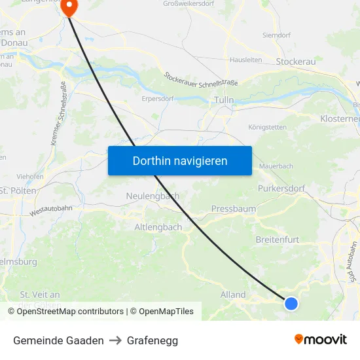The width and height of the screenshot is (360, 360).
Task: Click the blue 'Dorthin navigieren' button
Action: tap(179, 160)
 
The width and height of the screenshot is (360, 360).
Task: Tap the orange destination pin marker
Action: tap(69, 7)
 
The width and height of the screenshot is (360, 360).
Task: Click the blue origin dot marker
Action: tap(291, 303)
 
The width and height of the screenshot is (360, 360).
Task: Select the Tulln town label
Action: tap(225, 100)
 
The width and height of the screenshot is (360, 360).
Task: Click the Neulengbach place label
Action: tap(153, 196)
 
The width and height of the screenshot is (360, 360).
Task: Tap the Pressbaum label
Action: tap(234, 209)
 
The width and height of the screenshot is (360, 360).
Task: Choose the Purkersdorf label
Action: tap(283, 189)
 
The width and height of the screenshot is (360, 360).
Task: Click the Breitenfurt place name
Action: tap(277, 240)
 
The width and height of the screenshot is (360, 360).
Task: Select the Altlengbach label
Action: tap(158, 227)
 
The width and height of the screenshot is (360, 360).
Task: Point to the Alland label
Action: tap(233, 295)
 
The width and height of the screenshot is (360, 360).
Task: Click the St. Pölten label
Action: tap(18, 190)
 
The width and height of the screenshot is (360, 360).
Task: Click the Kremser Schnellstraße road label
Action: tap(58, 113)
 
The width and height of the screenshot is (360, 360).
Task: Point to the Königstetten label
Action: tap(268, 127)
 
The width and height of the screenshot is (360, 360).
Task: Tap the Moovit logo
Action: tap(321, 340)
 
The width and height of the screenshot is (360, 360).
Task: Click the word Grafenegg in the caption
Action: tap(153, 340)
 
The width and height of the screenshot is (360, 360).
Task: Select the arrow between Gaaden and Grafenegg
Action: tap(115, 340)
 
